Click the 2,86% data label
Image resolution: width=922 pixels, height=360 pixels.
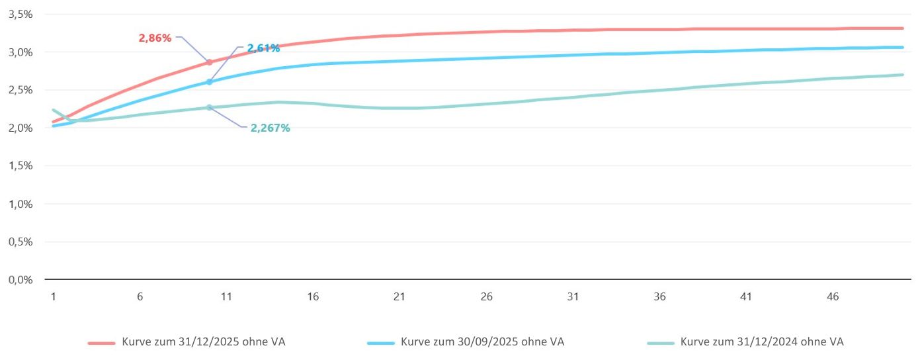155,38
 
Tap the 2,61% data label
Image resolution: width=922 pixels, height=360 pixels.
263,48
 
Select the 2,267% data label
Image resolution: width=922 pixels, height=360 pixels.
270,128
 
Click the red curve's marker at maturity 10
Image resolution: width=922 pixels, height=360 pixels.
209,62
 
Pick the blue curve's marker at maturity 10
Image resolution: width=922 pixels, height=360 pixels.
209,82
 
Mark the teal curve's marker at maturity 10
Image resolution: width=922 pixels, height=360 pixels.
209,107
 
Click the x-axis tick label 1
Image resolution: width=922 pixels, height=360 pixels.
53,297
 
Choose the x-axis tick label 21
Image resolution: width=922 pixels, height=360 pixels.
399,297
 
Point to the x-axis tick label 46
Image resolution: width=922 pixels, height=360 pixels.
833,297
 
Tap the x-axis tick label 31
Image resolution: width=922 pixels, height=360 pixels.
573,297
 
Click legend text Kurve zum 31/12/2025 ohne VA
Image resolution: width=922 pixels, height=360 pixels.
204,342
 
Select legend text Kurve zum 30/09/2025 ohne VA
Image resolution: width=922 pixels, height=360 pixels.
482,342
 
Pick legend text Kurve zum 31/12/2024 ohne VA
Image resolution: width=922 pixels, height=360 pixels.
762,342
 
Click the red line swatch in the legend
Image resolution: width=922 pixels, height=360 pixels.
102,343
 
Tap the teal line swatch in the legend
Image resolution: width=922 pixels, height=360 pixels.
660,343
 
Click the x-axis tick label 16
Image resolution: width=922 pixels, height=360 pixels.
313,297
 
